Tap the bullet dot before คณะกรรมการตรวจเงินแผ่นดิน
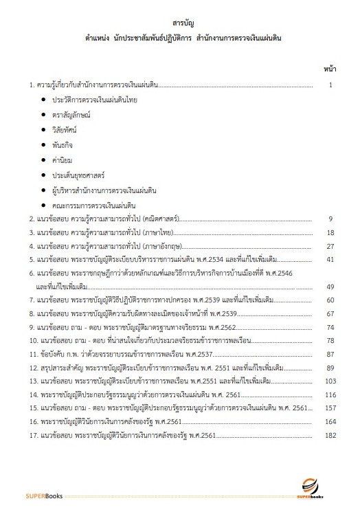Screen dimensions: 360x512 (43, 205)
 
